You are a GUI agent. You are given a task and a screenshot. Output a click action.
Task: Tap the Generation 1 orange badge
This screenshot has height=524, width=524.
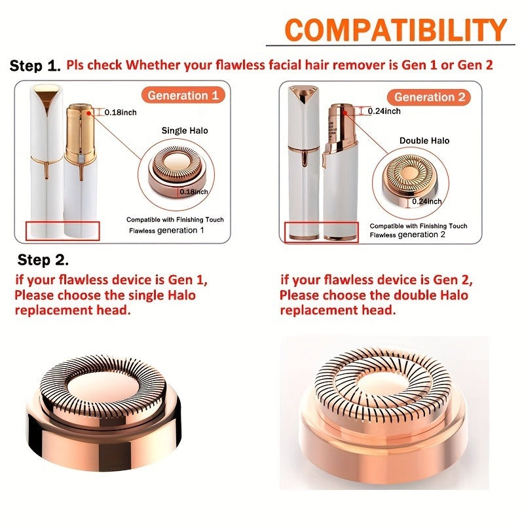tap(183, 95)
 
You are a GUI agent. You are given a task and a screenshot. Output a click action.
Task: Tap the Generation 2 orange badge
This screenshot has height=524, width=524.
tap(432, 98)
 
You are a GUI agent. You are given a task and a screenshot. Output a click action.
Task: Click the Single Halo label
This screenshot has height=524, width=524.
tap(185, 130)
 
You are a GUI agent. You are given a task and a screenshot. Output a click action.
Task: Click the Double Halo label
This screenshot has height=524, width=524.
tap(424, 141)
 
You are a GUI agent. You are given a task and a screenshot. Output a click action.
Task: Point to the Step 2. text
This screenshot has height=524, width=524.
tap(44, 260)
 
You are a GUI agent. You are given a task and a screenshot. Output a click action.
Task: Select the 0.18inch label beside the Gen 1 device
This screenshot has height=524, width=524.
tap(121, 113)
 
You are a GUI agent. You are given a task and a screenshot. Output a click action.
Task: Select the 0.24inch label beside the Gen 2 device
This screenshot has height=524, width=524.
tap(384, 111)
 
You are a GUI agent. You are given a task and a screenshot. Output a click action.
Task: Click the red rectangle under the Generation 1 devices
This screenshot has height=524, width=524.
tap(62, 231)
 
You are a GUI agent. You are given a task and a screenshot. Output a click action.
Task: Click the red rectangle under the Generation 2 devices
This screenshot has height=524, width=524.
tap(322, 230)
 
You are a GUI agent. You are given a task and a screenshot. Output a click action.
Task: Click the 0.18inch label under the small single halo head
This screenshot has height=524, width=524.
tap(195, 192)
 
